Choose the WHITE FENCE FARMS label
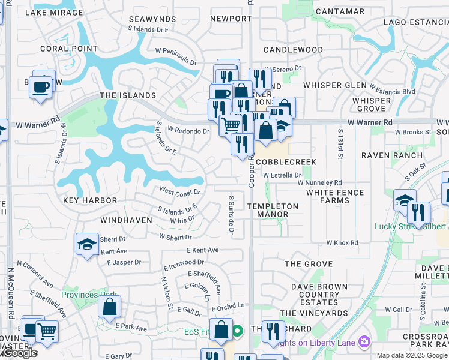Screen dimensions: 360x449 (x=335, y=196)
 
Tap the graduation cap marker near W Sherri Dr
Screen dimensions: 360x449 (x=88, y=244)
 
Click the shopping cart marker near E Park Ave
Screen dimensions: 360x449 (x=47, y=330)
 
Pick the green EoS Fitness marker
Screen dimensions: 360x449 (x=238, y=330)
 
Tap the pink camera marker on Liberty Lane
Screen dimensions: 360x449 (x=364, y=342)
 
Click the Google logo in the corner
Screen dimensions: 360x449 (x=19, y=353)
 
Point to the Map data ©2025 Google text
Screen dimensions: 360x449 (x=412, y=355)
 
